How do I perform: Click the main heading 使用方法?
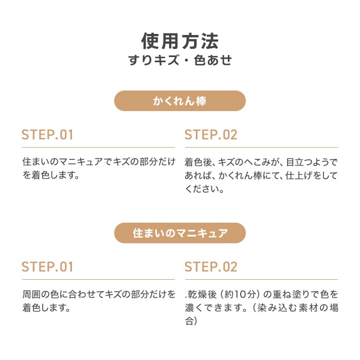click(180, 41)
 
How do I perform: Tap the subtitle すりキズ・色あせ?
click(180, 60)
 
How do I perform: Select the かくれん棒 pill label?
click(180, 101)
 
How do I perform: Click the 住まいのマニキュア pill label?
click(180, 233)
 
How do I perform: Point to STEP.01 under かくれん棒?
click(47, 135)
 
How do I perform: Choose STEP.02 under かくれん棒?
click(211, 135)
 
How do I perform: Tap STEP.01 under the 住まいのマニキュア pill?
click(47, 267)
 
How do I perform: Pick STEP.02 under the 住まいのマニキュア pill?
click(211, 267)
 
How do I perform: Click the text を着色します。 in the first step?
click(51, 175)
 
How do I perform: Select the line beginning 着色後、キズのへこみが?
click(261, 162)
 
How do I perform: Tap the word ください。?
click(204, 189)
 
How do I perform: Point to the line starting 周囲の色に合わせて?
click(99, 294)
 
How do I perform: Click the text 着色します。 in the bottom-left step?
click(46, 308)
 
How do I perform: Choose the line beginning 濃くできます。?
click(261, 308)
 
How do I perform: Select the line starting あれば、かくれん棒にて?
click(261, 176)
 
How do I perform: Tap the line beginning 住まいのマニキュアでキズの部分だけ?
click(99, 162)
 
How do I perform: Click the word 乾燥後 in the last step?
click(202, 294)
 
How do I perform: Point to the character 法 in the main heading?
click(210, 41)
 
